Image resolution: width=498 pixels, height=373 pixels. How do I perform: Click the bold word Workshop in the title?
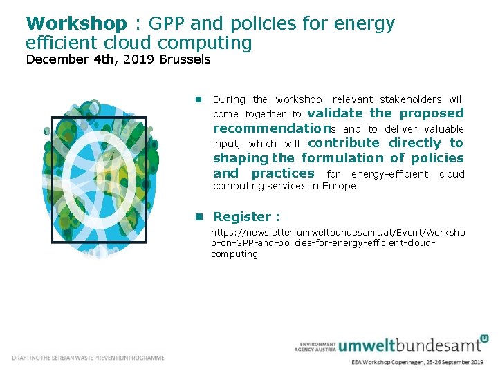tap(76, 23)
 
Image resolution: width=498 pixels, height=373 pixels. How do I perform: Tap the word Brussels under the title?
tap(185, 59)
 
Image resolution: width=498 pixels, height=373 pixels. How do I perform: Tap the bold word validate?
tap(335, 113)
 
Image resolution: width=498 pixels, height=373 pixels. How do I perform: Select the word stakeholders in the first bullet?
tap(410, 99)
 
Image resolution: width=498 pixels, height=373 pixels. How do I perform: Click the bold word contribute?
tap(344, 143)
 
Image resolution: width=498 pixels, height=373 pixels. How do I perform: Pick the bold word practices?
tap(282, 173)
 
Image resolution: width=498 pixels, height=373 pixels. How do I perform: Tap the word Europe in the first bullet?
tap(338, 186)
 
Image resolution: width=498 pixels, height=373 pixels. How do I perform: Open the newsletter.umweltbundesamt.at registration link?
tap(338, 243)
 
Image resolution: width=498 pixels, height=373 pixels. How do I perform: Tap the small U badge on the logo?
tap(484, 338)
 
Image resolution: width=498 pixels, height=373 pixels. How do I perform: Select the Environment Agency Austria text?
tap(315, 346)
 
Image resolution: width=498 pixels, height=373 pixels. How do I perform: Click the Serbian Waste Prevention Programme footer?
tap(89, 358)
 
